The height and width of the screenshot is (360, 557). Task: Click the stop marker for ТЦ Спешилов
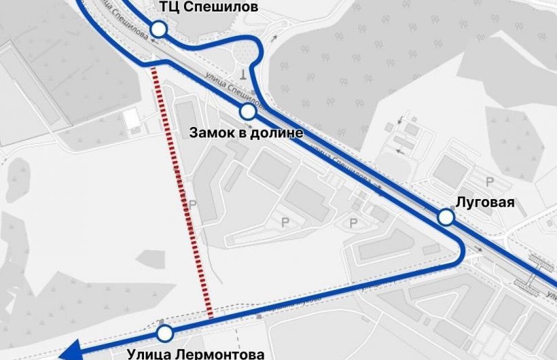coord(159,29)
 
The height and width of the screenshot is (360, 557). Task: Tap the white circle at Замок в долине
coord(248,111)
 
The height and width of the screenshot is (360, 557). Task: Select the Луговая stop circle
coord(446,217)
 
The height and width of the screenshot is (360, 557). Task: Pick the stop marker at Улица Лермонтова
coord(164,334)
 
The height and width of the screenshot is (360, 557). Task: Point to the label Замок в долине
coord(245,132)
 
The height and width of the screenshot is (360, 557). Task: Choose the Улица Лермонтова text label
coord(196,354)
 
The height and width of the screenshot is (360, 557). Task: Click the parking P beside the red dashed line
coord(193,204)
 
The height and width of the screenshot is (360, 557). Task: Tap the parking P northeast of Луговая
coord(490,181)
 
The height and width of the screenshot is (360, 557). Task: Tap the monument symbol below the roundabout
coord(242,72)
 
